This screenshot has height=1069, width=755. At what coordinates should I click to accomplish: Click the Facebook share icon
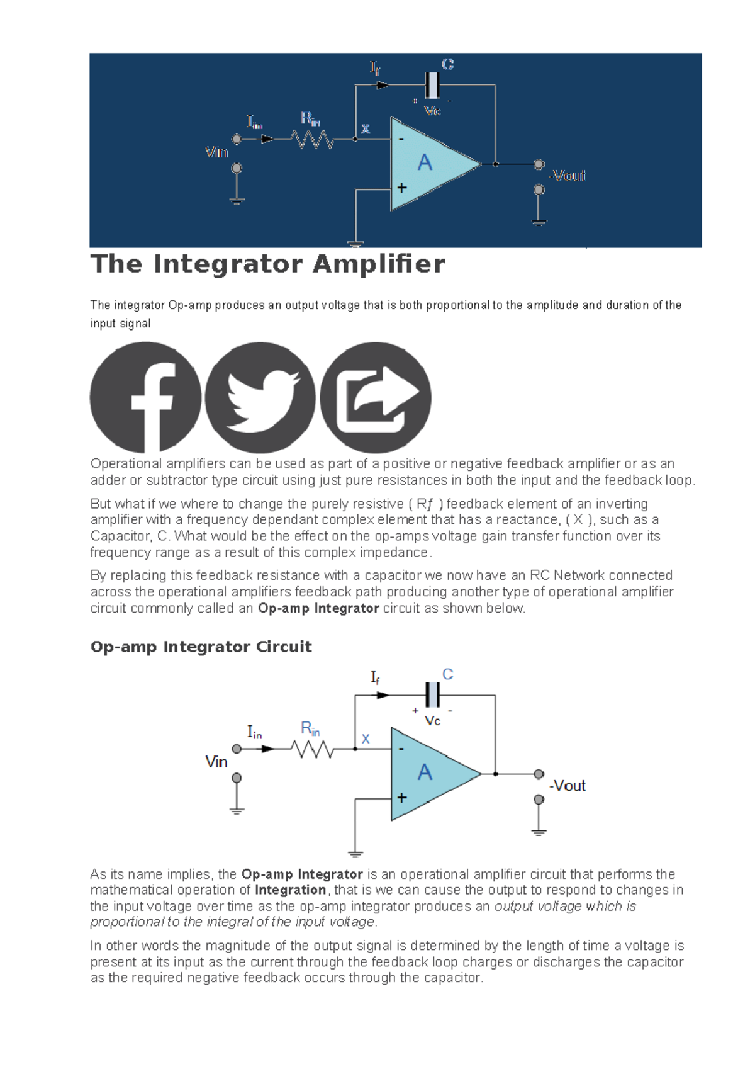[145, 397]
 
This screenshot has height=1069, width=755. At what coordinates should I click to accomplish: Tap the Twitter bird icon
[260, 397]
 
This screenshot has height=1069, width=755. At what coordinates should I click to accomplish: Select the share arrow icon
[376, 397]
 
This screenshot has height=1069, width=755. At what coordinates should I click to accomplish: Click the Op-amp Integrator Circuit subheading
[201, 647]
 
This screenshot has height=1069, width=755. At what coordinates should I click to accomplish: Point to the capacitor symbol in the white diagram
[432, 695]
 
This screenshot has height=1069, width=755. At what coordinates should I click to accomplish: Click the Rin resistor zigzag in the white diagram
[313, 749]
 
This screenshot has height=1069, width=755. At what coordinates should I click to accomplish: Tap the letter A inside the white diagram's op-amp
[425, 772]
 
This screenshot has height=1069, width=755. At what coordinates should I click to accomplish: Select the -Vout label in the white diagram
[568, 786]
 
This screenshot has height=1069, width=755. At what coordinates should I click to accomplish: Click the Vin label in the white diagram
[216, 762]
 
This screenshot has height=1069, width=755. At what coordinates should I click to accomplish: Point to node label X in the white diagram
[366, 739]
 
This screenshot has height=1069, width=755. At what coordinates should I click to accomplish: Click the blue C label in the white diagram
[447, 674]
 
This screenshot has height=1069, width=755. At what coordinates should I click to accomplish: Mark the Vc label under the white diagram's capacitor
[432, 721]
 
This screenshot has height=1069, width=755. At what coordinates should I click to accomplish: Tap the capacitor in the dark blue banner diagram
[432, 85]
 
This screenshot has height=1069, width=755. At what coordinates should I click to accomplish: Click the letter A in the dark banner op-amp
[425, 163]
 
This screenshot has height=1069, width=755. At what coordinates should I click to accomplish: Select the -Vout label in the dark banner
[568, 176]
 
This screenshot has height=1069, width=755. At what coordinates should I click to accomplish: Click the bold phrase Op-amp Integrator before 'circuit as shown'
[318, 608]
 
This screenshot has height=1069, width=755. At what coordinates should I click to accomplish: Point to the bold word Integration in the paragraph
[290, 890]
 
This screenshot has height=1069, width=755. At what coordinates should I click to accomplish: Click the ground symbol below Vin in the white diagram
[237, 810]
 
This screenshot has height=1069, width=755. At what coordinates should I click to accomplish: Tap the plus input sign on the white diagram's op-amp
[401, 798]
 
